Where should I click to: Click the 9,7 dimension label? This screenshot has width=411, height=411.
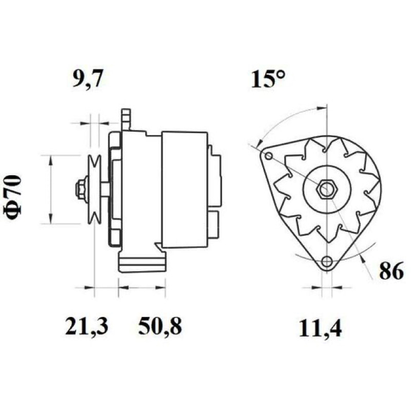click(x=87, y=78)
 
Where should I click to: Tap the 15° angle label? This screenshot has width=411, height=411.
click(x=267, y=79)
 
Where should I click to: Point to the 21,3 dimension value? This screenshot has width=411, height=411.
click(x=86, y=326)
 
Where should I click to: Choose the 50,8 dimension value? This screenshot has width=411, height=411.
click(x=160, y=326)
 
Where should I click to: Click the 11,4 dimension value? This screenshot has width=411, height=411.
click(x=320, y=328)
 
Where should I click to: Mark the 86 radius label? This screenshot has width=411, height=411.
click(x=391, y=271)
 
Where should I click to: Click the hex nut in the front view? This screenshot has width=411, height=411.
click(x=327, y=189)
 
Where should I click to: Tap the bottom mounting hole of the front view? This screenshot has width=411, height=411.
click(x=327, y=261)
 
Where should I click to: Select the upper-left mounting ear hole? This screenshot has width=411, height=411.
click(x=268, y=156)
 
